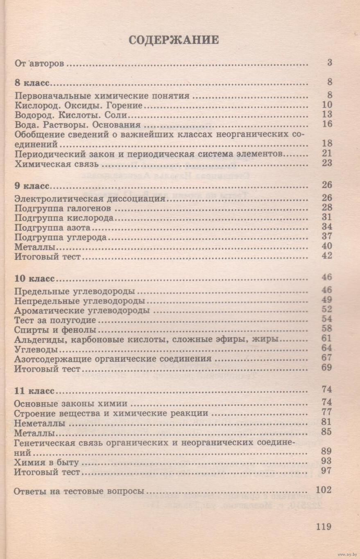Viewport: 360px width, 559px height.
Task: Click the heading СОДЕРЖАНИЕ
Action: click(174, 40)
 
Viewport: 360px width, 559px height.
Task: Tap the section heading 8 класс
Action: click(32, 83)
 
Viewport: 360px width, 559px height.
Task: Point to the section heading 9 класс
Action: click(32, 186)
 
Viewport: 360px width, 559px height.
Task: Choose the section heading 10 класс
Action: click(34, 279)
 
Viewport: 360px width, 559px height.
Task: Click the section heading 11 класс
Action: click(34, 390)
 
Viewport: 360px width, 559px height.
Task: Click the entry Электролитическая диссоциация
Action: click(89, 199)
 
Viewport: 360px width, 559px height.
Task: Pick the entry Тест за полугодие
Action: click(55, 320)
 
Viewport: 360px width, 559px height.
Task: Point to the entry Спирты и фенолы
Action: click(55, 329)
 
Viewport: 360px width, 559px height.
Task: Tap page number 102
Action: click(324, 490)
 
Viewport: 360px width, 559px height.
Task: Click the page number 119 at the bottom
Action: click(324, 526)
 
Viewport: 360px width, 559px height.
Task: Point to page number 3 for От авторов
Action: click(329, 63)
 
